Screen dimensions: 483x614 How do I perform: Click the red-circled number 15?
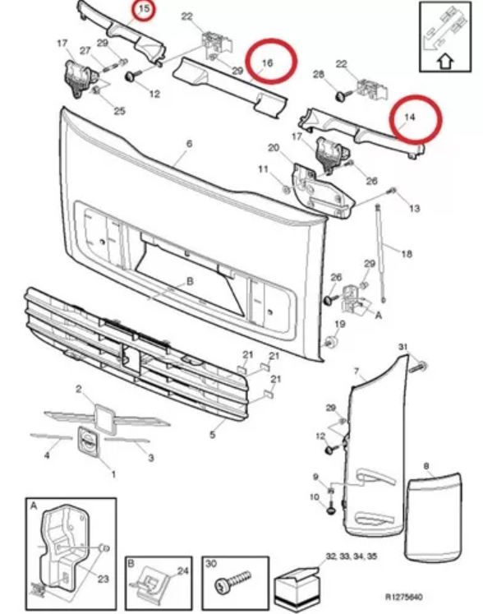[145, 8]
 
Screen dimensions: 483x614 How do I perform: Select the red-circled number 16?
[267, 62]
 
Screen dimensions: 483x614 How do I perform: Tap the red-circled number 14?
[410, 117]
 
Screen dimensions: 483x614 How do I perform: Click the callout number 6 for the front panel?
[190, 144]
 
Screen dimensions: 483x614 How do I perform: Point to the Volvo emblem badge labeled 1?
[88, 441]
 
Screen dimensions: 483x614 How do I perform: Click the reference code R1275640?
[404, 598]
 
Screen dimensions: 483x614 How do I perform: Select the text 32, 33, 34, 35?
[351, 556]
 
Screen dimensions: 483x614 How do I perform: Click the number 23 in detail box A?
[103, 579]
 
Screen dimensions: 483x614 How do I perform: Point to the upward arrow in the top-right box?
[445, 62]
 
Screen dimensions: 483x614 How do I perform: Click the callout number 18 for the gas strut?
[407, 254]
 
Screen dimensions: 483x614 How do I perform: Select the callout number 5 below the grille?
[213, 434]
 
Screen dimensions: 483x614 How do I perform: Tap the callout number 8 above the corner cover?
[426, 466]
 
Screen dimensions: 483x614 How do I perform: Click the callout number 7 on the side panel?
[356, 371]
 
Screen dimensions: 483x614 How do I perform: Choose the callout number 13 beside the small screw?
[414, 208]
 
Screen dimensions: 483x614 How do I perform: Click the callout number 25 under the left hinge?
[119, 111]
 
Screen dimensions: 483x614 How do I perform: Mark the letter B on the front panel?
[190, 281]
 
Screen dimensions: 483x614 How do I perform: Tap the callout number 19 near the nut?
[340, 324]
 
